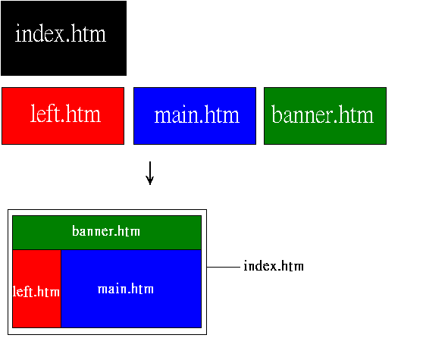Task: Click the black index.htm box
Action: click(64, 38)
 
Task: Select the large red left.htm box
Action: click(63, 116)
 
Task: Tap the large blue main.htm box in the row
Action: click(195, 116)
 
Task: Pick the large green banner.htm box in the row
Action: click(325, 116)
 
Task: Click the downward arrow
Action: click(150, 173)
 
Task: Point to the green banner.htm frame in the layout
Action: click(107, 233)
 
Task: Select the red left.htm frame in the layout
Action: click(36, 289)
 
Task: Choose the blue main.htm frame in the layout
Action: click(131, 289)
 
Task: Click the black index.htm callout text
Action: click(274, 266)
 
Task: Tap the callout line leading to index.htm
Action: click(224, 267)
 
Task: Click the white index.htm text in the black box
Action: click(61, 33)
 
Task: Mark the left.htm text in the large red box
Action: click(65, 114)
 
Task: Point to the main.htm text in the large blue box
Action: click(197, 115)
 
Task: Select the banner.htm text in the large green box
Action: click(323, 114)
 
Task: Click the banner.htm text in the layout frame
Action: click(106, 231)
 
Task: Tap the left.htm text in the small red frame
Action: click(36, 292)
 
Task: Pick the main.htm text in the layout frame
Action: click(126, 289)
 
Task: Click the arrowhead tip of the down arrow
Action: click(150, 185)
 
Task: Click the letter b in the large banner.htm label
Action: click(277, 114)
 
